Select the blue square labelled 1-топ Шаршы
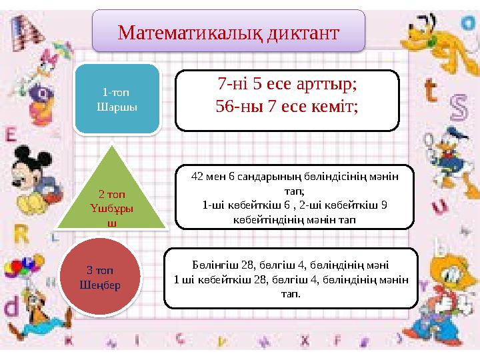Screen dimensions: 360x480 (118, 99)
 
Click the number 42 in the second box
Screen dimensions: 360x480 (197, 177)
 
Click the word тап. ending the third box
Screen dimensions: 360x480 (290, 293)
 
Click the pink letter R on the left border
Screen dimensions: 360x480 (21, 233)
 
